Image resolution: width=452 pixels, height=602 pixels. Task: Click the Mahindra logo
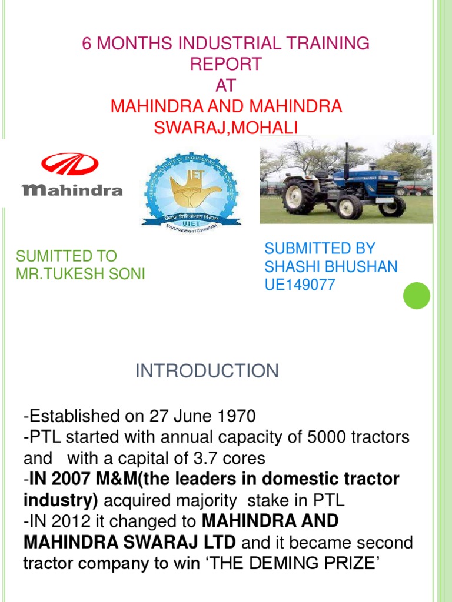point(72,175)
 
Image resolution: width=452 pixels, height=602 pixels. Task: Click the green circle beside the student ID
point(417,295)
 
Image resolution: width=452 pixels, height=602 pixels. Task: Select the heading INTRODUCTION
point(207,371)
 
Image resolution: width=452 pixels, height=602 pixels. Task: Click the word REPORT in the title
point(226,64)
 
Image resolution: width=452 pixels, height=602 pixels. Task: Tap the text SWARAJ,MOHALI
point(226,128)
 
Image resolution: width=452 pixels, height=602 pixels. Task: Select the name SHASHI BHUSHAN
point(331,267)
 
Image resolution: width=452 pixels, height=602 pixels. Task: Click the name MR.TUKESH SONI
point(81,274)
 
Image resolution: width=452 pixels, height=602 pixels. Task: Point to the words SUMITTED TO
point(67,256)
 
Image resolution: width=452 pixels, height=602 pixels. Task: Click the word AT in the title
point(226,85)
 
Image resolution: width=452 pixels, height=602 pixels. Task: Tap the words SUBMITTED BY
point(320,248)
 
